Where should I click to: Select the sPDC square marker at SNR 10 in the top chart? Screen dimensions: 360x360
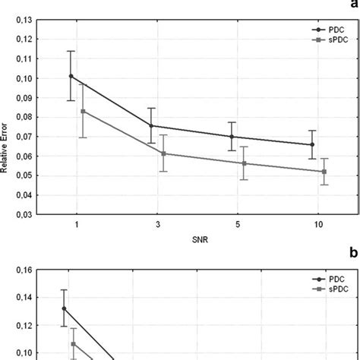(324, 172)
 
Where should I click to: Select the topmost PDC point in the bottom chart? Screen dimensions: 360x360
(64, 308)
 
